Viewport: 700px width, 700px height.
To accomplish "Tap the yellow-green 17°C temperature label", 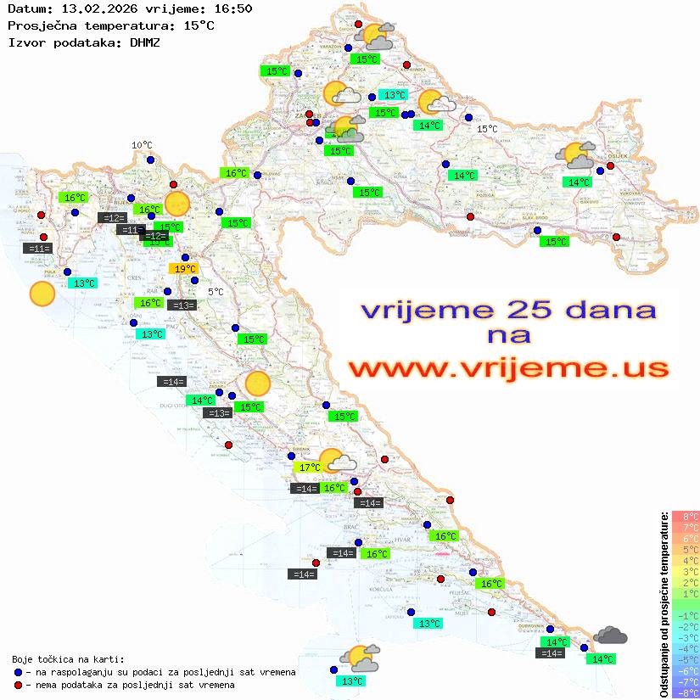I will pyautogui.click(x=308, y=467).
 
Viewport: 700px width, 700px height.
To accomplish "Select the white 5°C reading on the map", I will pyautogui.click(x=216, y=292).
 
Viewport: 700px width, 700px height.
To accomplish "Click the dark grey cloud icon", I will pyautogui.click(x=610, y=635).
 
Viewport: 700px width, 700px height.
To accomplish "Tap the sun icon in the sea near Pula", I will pyautogui.click(x=42, y=294).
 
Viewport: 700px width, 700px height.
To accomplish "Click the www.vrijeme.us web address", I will pyautogui.click(x=507, y=367).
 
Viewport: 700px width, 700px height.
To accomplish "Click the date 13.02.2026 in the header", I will pyautogui.click(x=92, y=8).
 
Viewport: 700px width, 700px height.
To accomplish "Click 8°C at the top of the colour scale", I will pyautogui.click(x=685, y=516).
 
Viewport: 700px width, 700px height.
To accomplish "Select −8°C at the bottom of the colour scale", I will pyautogui.click(x=685, y=692).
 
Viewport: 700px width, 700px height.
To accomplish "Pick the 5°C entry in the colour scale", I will pyautogui.click(x=685, y=549).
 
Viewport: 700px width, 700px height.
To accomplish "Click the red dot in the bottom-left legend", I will pyautogui.click(x=19, y=685).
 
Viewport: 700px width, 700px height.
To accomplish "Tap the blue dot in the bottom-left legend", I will pyautogui.click(x=19, y=672).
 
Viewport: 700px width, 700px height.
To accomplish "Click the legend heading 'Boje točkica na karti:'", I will pyautogui.click(x=68, y=658).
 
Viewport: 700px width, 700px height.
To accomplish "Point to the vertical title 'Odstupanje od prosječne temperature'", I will pyautogui.click(x=664, y=604).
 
